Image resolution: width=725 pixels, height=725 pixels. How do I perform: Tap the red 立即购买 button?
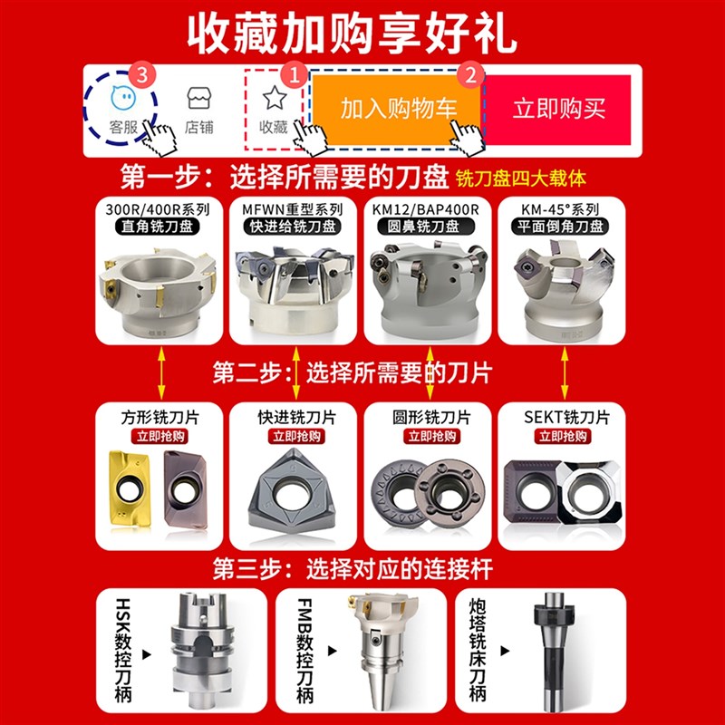point(558,109)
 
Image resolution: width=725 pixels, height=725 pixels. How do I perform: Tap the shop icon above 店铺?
point(199,98)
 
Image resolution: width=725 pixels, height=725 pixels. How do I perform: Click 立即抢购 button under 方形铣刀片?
point(159,436)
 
